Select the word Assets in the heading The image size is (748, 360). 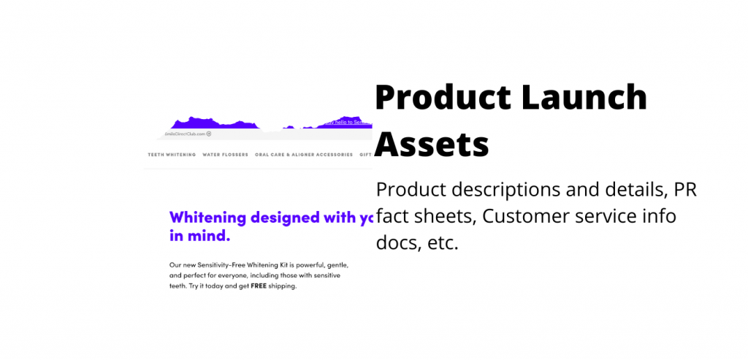pyautogui.click(x=432, y=144)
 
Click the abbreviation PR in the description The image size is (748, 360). pyautogui.click(x=685, y=190)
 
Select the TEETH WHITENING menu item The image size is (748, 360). pyautogui.click(x=172, y=155)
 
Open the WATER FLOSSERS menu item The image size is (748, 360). pyautogui.click(x=225, y=155)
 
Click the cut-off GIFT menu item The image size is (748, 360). pyautogui.click(x=367, y=155)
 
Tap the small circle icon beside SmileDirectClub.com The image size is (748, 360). pyautogui.click(x=209, y=134)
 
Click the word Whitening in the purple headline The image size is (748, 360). pyautogui.click(x=207, y=217)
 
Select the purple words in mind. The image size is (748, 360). pyautogui.click(x=199, y=236)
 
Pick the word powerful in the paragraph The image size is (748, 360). pyautogui.click(x=308, y=264)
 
